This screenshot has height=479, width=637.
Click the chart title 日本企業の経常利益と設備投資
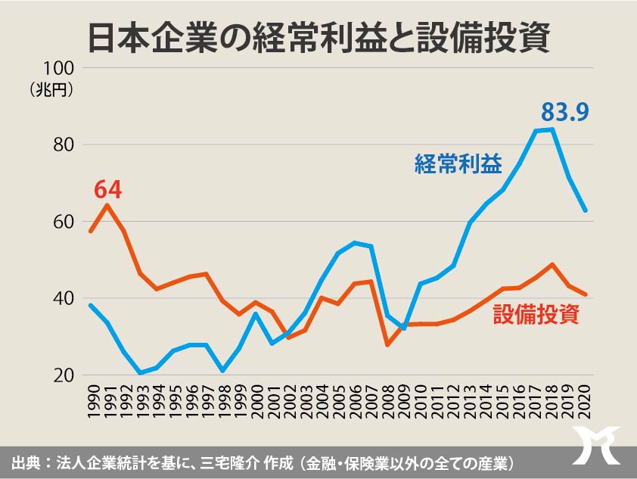coord(318,36)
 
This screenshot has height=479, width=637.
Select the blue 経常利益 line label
coord(458,164)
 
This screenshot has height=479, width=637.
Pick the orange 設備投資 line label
coord(536,314)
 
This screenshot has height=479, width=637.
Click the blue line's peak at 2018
coord(553,129)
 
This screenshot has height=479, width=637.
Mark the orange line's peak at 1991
coord(107,205)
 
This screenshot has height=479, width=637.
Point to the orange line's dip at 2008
coord(388,344)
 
